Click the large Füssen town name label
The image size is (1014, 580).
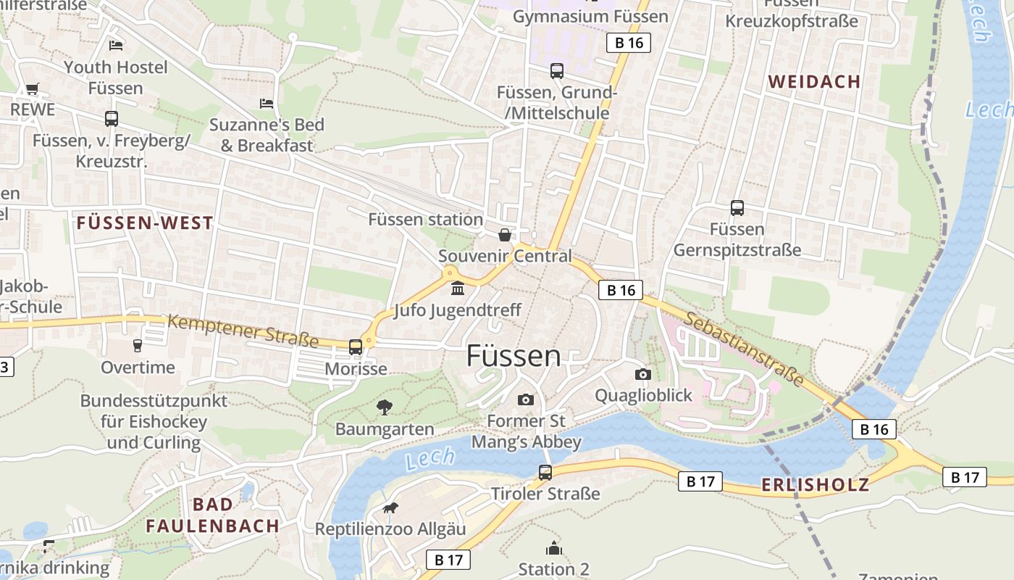click(x=513, y=356)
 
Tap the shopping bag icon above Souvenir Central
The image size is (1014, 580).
click(x=505, y=235)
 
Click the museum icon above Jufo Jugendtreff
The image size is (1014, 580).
click(x=458, y=289)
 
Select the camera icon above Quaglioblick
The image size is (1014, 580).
click(x=642, y=374)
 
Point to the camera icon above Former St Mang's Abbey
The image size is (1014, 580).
click(x=526, y=399)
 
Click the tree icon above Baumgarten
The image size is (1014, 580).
click(x=385, y=407)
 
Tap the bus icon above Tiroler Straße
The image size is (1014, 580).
click(x=545, y=473)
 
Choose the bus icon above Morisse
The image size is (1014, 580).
click(x=356, y=347)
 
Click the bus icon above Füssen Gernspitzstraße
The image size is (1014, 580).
click(x=737, y=208)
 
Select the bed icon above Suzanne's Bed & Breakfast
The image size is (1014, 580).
click(x=267, y=104)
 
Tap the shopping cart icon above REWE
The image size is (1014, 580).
click(x=32, y=89)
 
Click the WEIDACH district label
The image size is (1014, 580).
click(x=814, y=82)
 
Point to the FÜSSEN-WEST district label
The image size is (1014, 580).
click(x=145, y=223)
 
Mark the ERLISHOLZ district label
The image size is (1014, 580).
click(x=815, y=485)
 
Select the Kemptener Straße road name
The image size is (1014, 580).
click(x=243, y=331)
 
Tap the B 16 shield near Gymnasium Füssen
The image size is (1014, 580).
click(x=629, y=43)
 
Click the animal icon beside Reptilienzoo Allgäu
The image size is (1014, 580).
click(x=390, y=507)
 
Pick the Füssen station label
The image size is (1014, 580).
click(x=425, y=219)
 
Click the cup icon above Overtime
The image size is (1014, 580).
click(x=138, y=346)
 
